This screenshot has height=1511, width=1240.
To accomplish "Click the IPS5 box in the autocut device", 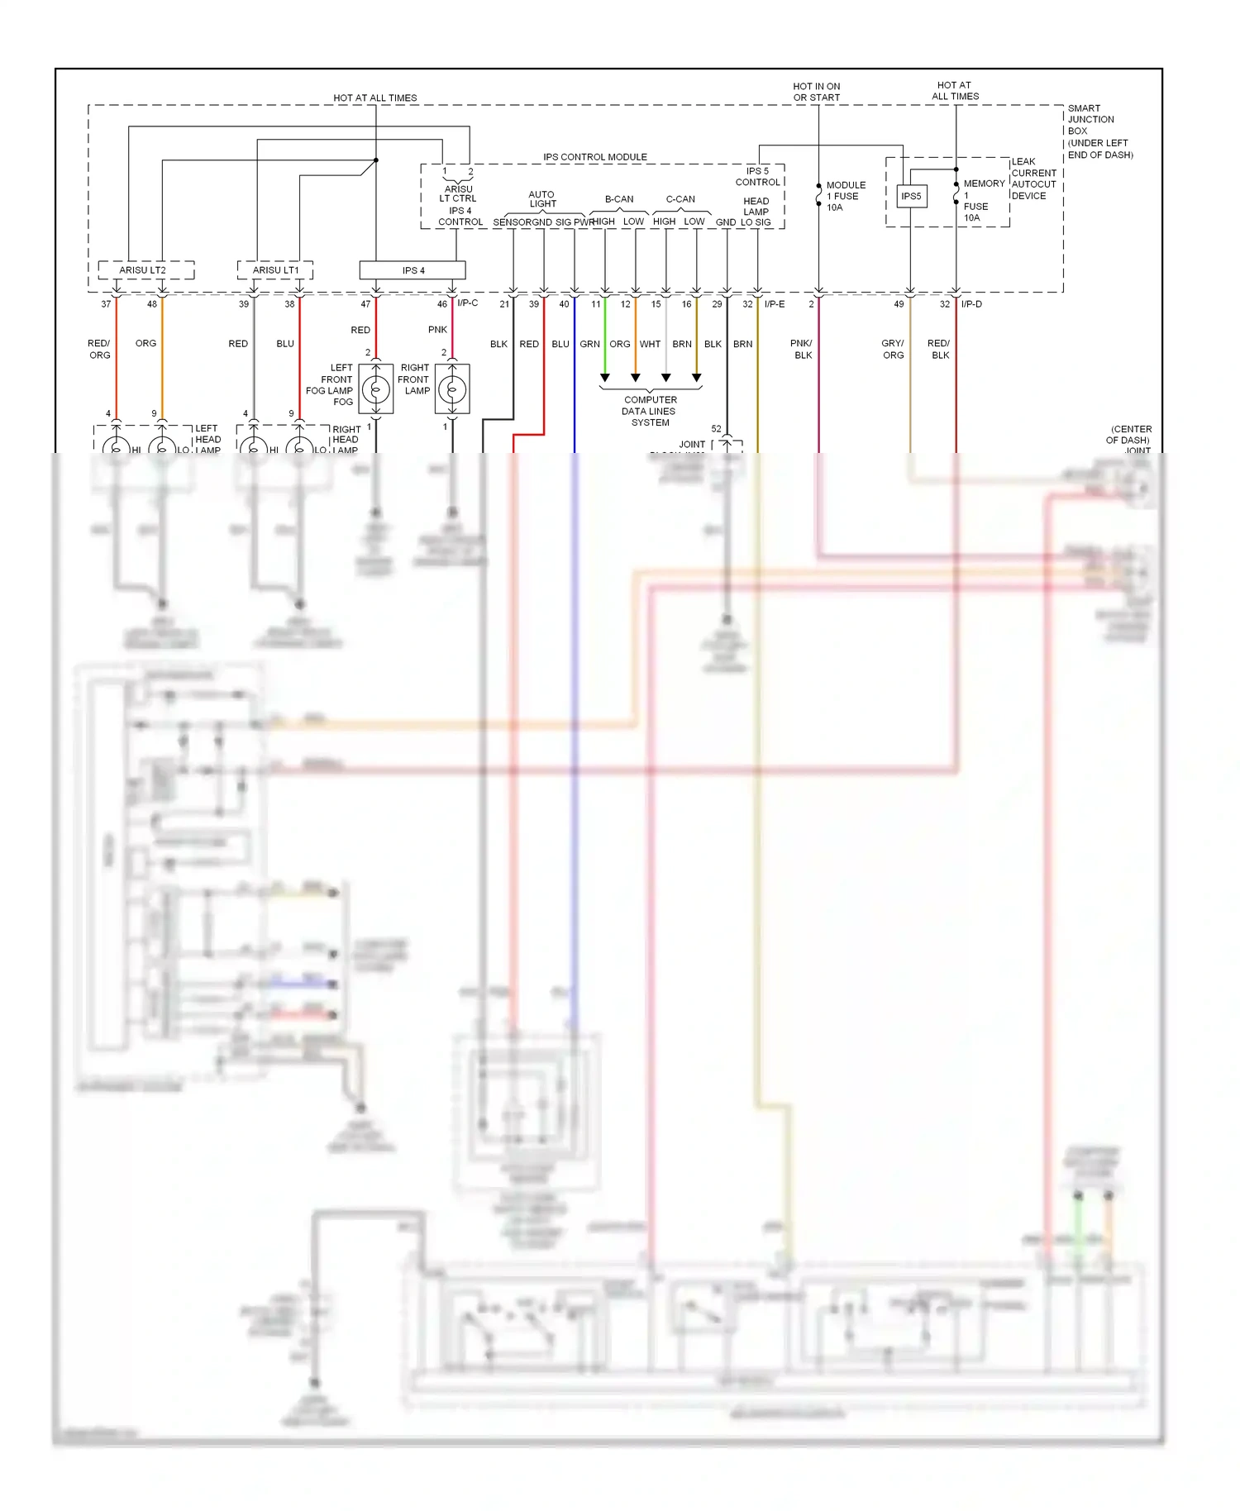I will [x=910, y=196].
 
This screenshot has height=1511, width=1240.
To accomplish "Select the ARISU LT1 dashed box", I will [x=275, y=270].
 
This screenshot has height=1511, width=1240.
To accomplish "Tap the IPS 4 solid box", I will [x=413, y=270].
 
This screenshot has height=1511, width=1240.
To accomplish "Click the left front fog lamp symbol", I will [x=376, y=388].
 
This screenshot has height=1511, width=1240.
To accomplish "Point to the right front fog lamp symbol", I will [x=452, y=388].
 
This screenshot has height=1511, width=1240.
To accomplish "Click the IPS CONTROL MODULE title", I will [x=594, y=157].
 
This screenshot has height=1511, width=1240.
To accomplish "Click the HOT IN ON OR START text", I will [x=816, y=92].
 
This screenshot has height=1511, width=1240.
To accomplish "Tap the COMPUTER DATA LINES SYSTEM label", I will [x=650, y=411].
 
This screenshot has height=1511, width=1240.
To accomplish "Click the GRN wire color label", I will [x=589, y=344].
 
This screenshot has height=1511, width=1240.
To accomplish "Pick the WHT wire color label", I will [x=650, y=344].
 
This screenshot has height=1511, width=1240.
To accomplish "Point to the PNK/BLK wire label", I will [x=802, y=349].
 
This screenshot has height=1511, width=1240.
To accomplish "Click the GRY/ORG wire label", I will [x=893, y=349].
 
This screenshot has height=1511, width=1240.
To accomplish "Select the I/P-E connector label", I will [x=775, y=304].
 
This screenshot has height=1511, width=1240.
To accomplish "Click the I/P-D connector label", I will [x=971, y=304].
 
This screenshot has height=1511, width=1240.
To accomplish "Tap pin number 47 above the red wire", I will [x=365, y=304].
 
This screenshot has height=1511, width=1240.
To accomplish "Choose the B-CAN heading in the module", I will [x=619, y=199].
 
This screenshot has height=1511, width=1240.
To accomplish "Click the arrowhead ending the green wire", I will [x=605, y=378].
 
